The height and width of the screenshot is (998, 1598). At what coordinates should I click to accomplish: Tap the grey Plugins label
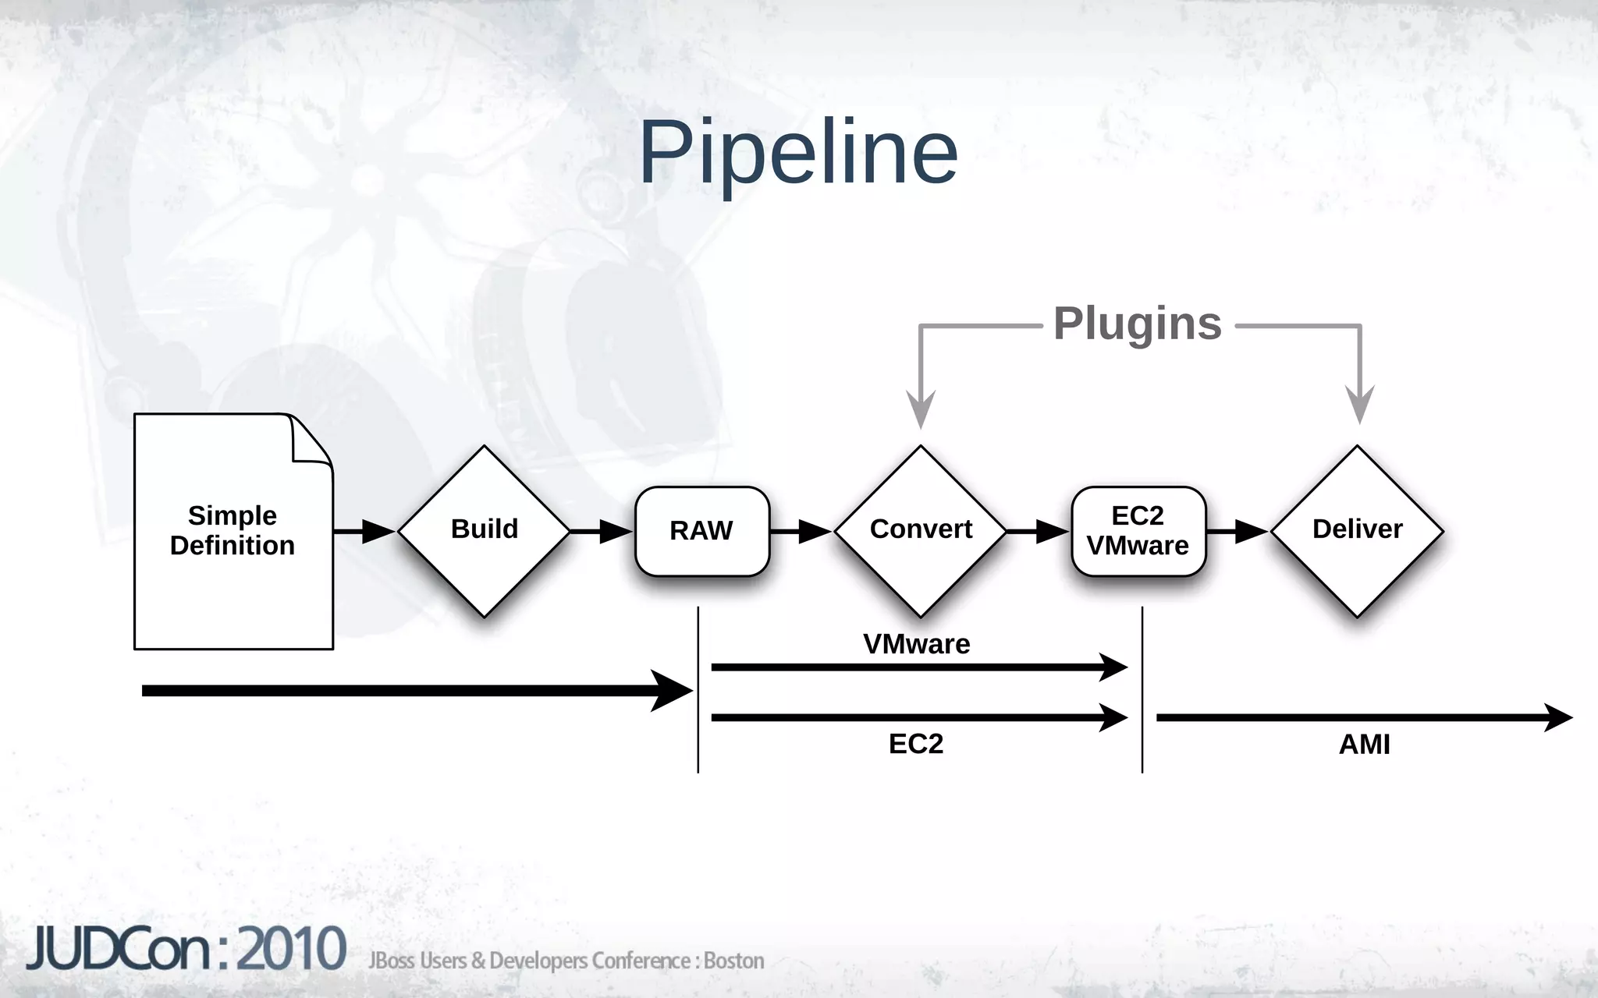1137,323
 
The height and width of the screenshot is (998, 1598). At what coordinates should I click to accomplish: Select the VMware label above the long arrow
916,644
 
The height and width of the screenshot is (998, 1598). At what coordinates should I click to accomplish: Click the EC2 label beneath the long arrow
916,744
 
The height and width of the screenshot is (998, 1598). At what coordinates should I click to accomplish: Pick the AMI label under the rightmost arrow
1364,745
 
